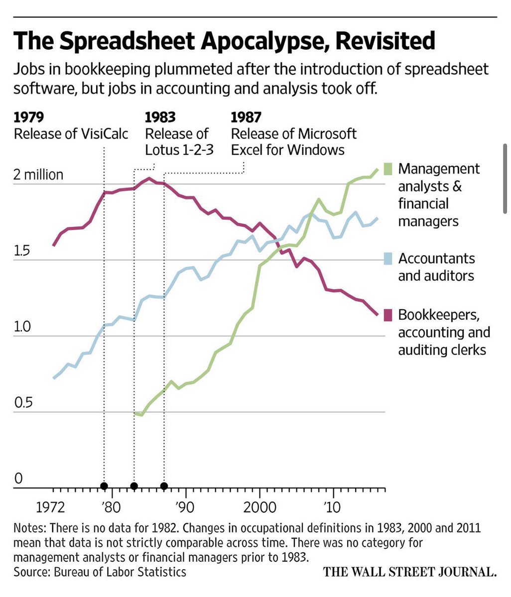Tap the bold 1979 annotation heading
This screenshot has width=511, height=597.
tap(29, 117)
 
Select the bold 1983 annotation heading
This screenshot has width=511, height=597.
tap(160, 117)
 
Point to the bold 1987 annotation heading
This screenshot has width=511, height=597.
tap(247, 117)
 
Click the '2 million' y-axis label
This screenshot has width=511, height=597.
tap(39, 175)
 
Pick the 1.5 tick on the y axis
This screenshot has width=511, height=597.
tap(22, 251)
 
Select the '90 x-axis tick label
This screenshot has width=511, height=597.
tap(185, 508)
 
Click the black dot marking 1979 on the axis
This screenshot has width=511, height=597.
tap(104, 486)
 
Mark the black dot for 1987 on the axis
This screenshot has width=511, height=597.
tap(164, 486)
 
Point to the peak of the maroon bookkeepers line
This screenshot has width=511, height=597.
tap(149, 178)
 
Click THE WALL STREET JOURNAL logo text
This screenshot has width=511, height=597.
tap(409, 572)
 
